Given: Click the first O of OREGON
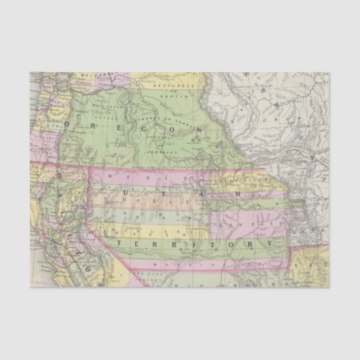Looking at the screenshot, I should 69,125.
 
